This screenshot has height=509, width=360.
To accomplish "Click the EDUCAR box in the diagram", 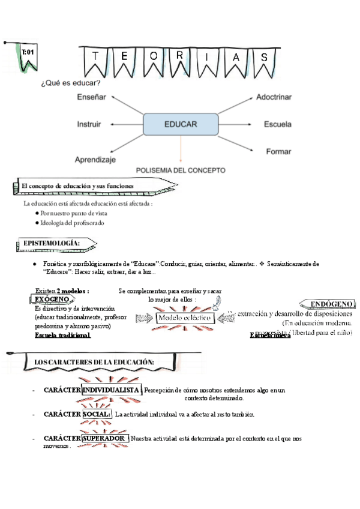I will [x=180, y=124].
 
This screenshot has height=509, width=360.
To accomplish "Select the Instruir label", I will [x=89, y=124].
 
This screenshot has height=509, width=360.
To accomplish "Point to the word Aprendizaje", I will [x=95, y=160].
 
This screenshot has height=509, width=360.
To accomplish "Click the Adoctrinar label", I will [x=274, y=97].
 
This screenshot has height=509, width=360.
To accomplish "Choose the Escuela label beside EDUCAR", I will [x=277, y=124].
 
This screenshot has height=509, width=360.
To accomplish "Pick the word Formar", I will [x=278, y=151].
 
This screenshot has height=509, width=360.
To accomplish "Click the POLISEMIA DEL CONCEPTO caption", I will [x=181, y=170].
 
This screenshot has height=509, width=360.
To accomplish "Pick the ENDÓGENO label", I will [x=328, y=304].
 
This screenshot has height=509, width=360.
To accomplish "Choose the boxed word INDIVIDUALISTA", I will [x=112, y=391].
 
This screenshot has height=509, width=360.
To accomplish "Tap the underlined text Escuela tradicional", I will [x=62, y=335].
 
